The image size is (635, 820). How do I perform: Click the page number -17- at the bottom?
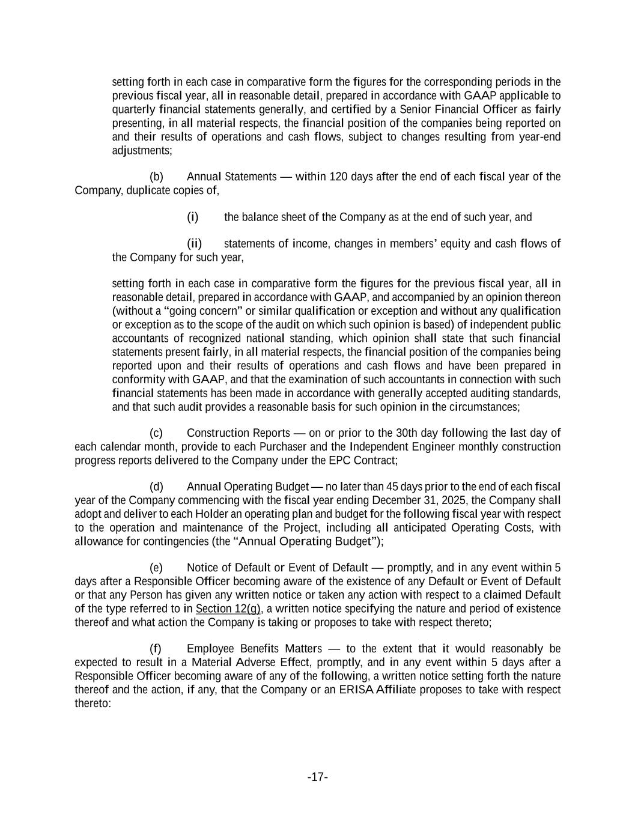click(317, 777)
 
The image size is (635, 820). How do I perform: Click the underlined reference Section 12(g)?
click(228, 609)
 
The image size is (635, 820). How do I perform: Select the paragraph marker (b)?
click(156, 177)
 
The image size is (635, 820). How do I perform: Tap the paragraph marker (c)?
click(156, 433)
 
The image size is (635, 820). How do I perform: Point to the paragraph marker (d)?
click(156, 487)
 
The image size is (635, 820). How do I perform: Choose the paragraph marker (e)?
click(156, 568)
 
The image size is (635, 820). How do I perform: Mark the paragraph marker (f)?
click(156, 649)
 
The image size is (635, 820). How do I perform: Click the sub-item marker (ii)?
click(194, 243)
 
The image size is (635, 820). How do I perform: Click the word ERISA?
click(356, 689)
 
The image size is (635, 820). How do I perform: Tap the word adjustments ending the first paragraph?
click(141, 150)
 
